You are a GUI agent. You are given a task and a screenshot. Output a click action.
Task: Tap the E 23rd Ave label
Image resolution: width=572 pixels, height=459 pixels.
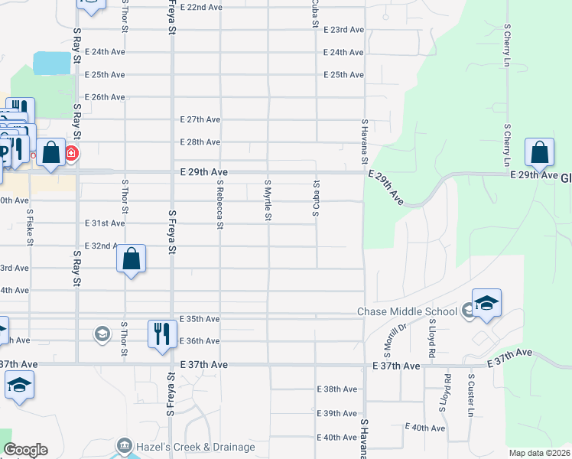coord(343,30)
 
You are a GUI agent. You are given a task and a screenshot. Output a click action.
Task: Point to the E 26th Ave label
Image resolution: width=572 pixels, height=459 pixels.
coord(106,97)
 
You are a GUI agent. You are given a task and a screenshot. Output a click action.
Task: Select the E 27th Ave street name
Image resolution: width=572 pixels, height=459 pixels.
coord(200,119)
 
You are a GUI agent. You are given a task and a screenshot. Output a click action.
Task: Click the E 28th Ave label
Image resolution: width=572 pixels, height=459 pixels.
coord(200,142)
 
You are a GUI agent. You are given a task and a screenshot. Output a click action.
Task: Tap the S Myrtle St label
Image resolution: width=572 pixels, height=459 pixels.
coord(268,200)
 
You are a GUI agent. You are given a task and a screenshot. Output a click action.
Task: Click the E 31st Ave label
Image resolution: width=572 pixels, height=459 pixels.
coord(106,223)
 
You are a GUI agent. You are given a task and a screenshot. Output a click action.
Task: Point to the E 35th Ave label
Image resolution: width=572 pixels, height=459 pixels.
coord(200,318)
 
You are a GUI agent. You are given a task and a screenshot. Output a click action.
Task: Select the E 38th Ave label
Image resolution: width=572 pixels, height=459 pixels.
coord(337,389)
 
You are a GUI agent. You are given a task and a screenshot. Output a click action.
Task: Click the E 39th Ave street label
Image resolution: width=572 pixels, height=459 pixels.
coord(337,413)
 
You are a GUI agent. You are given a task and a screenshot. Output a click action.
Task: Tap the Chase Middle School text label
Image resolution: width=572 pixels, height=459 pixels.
coord(408,311)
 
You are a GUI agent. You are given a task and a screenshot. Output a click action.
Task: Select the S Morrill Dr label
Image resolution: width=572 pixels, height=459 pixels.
coord(400,337)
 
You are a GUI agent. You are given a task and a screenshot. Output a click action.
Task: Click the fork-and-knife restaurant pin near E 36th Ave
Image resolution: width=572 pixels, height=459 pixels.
coord(161,335)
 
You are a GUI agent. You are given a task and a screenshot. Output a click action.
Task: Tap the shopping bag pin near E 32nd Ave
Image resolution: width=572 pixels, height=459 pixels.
coord(132,259)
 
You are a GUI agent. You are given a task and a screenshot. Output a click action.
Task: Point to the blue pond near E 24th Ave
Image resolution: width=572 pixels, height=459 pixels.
coord(52,63)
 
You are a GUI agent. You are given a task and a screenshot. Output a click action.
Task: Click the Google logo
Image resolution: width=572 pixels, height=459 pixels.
coord(25,450)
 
